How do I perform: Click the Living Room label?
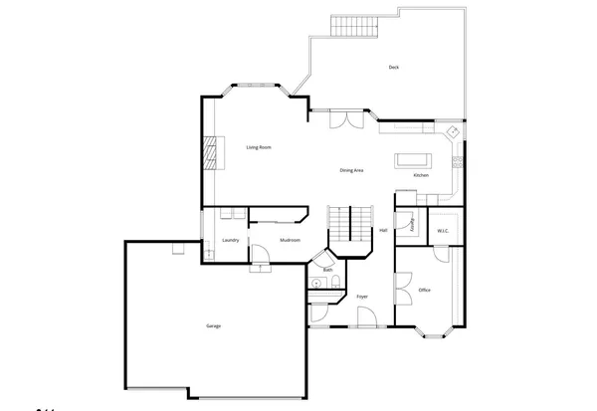coord(259,147)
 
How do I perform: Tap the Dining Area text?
coord(351,170)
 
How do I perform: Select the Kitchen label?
coord(421,176)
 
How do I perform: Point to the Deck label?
coord(394,67)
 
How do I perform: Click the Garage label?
coord(213,326)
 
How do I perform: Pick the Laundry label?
coord(230,240)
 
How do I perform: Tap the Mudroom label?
coord(291,240)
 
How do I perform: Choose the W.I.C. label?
coord(444,231)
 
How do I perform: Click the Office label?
coord(424,290)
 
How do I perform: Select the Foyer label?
coord(362,297)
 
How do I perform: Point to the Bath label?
coord(328,270)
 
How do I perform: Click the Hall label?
coord(383,230)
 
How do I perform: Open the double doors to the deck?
coord(346,119)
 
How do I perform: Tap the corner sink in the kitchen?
coord(453,131)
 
